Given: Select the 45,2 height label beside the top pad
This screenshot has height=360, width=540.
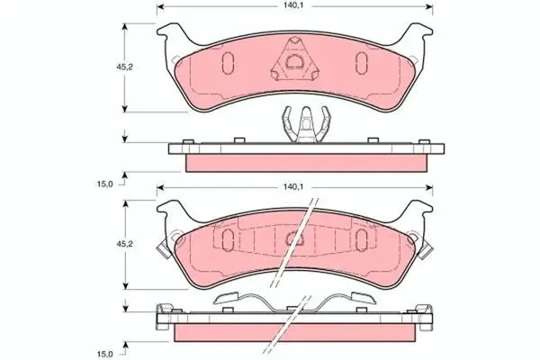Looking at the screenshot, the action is [x=124, y=67].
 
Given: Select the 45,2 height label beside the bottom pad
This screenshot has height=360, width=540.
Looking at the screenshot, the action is [x=124, y=244].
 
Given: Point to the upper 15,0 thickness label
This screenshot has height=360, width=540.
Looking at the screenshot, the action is [x=104, y=184].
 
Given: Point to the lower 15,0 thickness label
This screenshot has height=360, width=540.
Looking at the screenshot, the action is [x=104, y=354].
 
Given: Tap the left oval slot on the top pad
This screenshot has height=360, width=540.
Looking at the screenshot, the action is [x=228, y=63].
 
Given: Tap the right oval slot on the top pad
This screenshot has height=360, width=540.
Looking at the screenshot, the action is [x=361, y=63].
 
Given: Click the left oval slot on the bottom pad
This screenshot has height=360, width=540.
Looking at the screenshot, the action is [x=228, y=239].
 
